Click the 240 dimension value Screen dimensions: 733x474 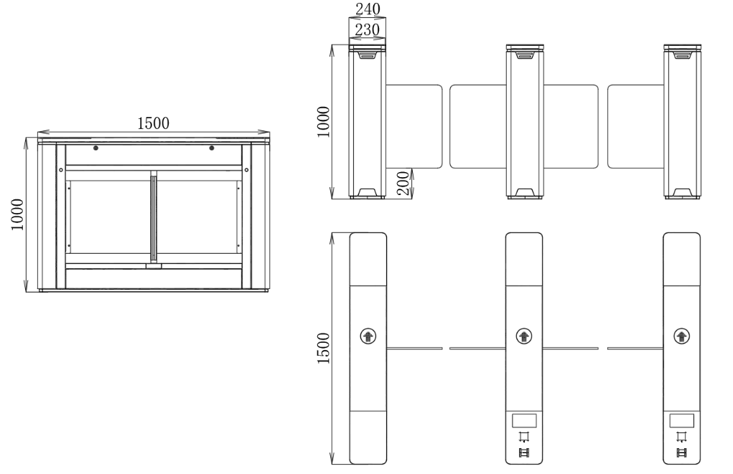pos(368,9)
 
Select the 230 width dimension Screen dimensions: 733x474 pos(367,30)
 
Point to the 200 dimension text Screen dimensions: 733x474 pos(403,183)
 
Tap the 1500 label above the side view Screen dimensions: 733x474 pos(154,123)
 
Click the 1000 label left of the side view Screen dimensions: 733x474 pos(17,214)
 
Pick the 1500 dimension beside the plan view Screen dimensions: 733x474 pos(323,349)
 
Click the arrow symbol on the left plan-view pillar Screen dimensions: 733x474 pos(368,336)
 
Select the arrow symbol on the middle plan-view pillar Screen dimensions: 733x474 pos(524,336)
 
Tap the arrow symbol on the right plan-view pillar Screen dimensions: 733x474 pos(681,336)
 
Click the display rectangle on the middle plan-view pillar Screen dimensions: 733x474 pos(524,420)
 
